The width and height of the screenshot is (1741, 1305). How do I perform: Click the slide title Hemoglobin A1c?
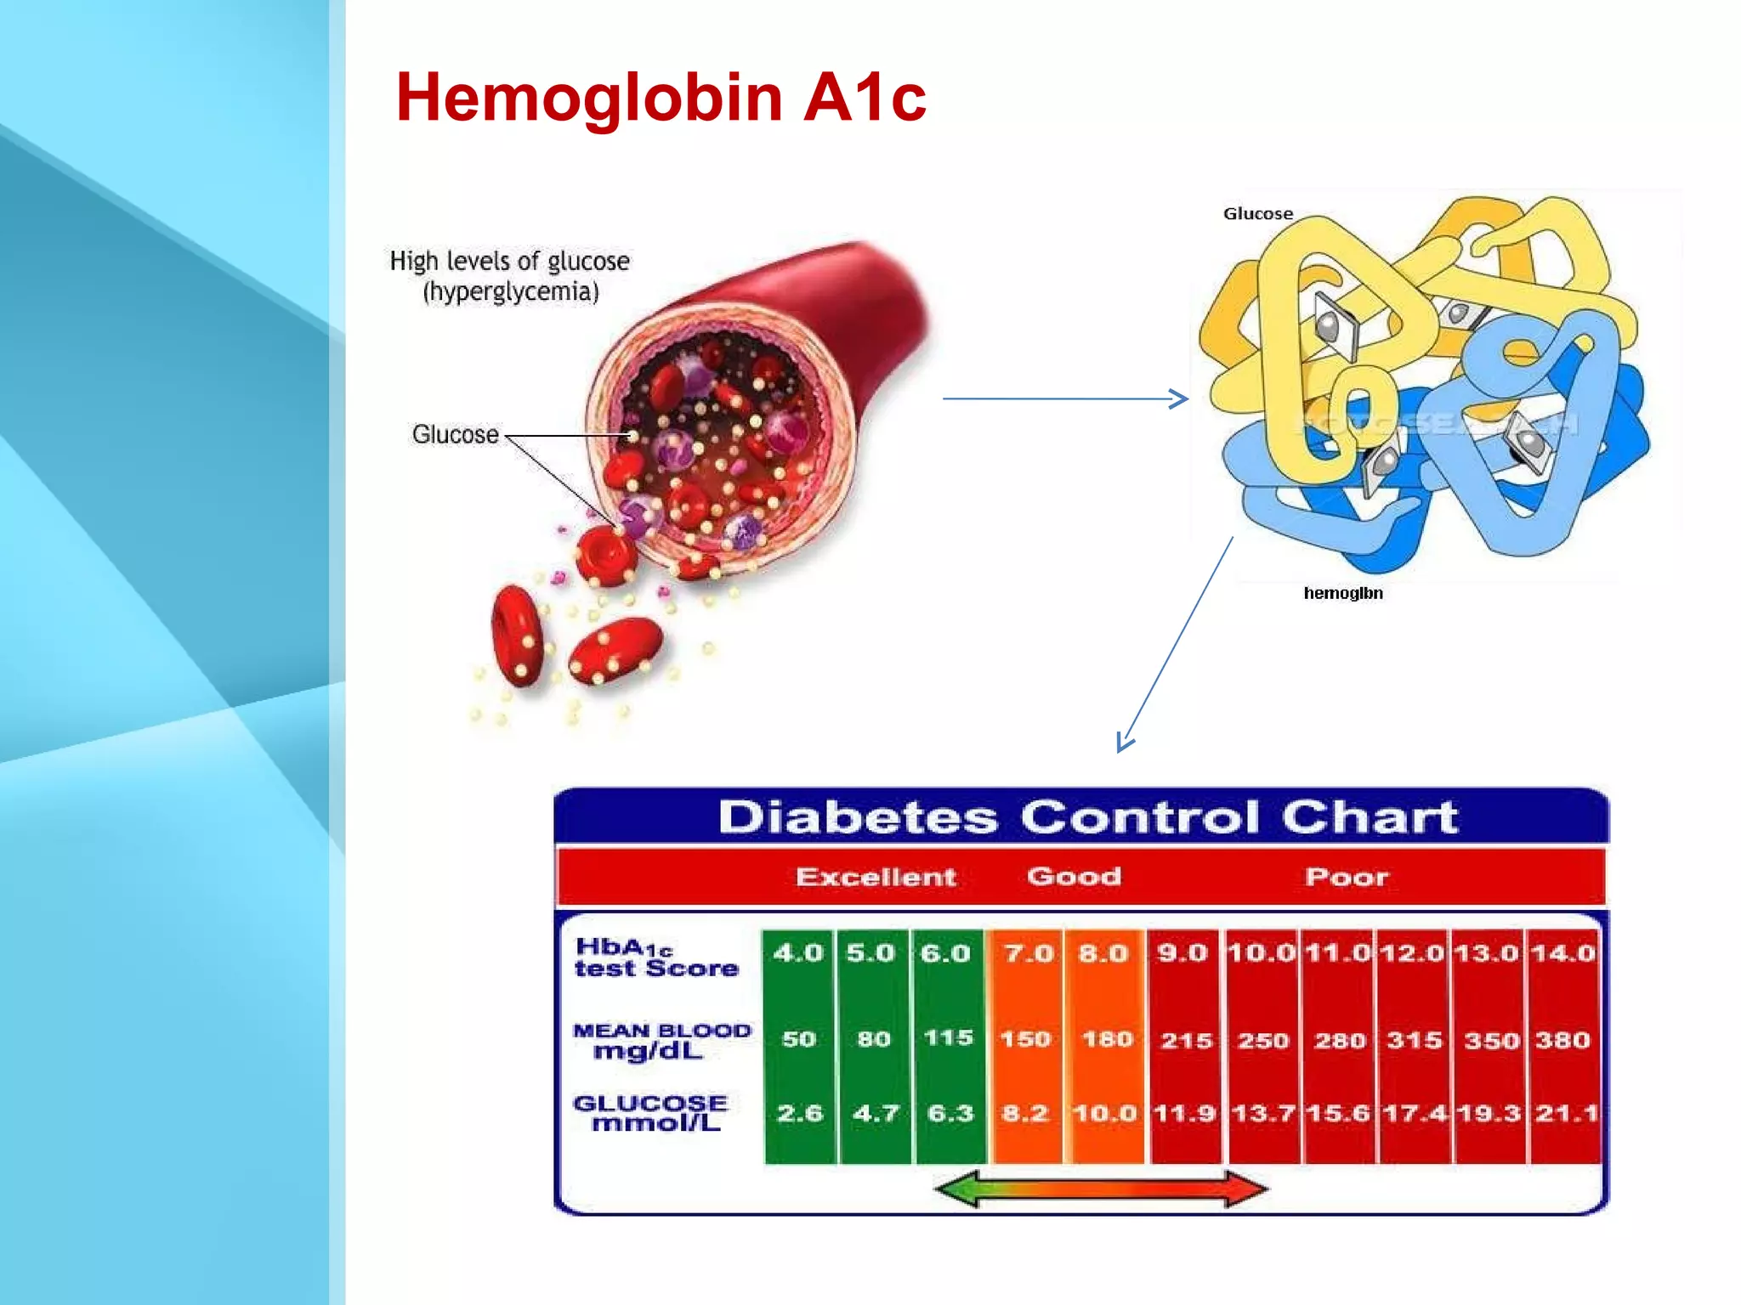661,98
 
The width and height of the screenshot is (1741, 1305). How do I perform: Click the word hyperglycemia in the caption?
511,292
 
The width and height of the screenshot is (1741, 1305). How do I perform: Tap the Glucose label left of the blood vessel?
456,434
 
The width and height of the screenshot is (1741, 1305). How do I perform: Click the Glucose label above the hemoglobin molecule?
1257,214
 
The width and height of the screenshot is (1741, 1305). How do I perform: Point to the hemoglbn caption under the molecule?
1342,593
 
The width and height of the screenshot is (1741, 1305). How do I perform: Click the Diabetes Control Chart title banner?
1087,816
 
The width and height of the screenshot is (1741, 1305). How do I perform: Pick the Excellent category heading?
876,877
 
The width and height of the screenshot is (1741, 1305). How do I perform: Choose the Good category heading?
1074,876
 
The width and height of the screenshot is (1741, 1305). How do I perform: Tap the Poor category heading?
1347,877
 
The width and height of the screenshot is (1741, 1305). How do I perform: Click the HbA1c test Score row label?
655,958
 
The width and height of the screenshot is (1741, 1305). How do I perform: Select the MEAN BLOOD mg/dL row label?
661,1041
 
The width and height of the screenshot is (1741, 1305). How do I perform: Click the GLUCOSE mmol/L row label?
650,1114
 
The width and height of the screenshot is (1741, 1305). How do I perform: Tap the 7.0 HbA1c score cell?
1028,953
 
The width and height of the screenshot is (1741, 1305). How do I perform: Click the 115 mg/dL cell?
948,1038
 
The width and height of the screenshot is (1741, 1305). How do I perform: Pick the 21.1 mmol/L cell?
1566,1113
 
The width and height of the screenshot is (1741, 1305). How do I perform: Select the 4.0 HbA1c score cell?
797,953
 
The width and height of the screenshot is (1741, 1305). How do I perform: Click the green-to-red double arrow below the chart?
1101,1189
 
